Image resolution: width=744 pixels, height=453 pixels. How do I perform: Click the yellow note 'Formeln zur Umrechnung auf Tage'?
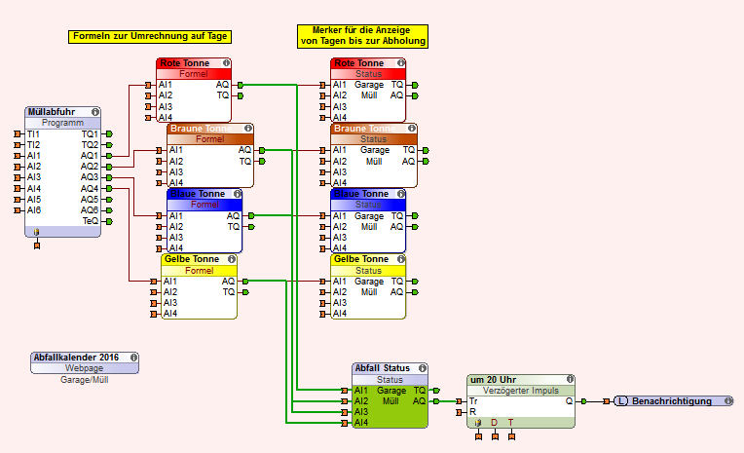tap(150, 37)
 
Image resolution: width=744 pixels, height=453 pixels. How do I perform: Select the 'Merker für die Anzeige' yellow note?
tap(363, 36)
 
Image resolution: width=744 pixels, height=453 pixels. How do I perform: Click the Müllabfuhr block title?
tap(56, 112)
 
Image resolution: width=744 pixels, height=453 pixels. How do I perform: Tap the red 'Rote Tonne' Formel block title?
tap(184, 63)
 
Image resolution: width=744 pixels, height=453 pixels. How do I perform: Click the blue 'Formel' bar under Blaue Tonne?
tap(205, 205)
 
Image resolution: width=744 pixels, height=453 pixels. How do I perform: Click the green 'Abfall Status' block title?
tap(381, 368)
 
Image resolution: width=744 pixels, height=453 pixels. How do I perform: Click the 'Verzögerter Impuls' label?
tap(520, 390)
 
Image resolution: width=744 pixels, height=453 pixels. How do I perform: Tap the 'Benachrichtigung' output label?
tap(673, 401)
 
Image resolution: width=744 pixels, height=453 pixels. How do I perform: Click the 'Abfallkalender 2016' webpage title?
tap(75, 358)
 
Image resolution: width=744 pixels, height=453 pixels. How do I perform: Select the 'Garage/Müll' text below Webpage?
tap(85, 380)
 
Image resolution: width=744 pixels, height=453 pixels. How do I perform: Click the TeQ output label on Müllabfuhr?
tap(91, 220)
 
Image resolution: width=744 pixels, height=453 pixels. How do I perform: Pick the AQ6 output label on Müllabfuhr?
tap(90, 209)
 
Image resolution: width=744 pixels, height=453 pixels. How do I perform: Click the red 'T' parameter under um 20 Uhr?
tap(510, 423)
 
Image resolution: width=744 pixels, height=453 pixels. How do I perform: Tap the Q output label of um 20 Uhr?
tap(569, 400)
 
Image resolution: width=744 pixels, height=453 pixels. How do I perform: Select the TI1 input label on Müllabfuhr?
tap(34, 133)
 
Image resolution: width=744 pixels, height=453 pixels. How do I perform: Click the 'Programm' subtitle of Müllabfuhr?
tap(62, 123)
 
